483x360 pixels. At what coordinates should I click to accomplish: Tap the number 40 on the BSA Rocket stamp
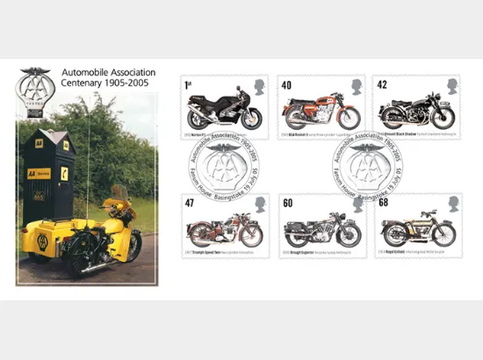pos(285,85)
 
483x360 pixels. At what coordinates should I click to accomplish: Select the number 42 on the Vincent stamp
pos(382,85)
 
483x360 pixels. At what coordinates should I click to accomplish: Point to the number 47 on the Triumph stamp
pos(188,203)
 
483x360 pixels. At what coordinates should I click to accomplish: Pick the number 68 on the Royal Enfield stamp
pos(384,203)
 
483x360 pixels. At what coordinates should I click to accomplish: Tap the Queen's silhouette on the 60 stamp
pos(357,204)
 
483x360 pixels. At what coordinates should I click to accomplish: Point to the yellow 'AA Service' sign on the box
pos(39,174)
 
